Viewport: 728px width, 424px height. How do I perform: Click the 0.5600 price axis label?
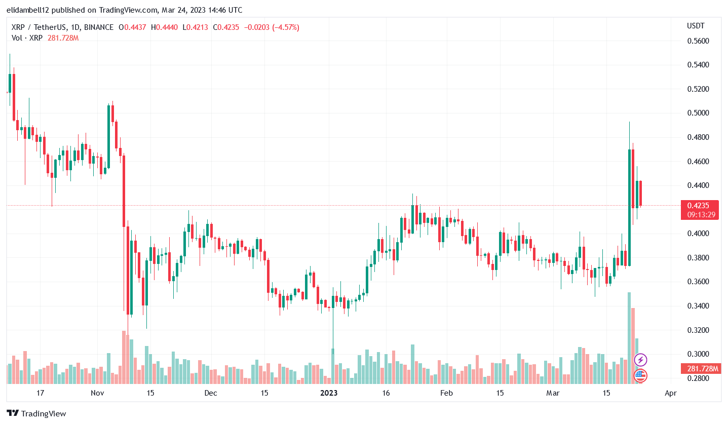pos(697,41)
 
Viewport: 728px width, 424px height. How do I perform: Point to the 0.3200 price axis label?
pos(697,330)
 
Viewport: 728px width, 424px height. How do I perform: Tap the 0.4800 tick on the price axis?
pos(697,137)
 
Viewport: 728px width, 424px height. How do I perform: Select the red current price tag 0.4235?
pos(701,206)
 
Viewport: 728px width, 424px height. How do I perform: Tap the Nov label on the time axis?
pos(97,393)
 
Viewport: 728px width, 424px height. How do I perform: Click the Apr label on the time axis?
pos(670,393)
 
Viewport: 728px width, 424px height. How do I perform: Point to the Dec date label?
pos(211,393)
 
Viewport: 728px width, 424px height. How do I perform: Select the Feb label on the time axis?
pos(446,393)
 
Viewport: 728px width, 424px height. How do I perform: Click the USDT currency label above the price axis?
pos(696,26)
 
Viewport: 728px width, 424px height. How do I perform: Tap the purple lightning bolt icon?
pos(641,360)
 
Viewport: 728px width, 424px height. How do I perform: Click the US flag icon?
pos(641,375)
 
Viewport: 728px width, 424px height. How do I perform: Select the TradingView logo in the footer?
pos(36,413)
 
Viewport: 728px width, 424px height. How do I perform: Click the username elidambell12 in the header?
pos(32,10)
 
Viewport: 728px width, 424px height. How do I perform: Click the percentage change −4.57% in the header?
pos(285,27)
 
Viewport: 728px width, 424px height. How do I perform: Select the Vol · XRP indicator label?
pos(27,38)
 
